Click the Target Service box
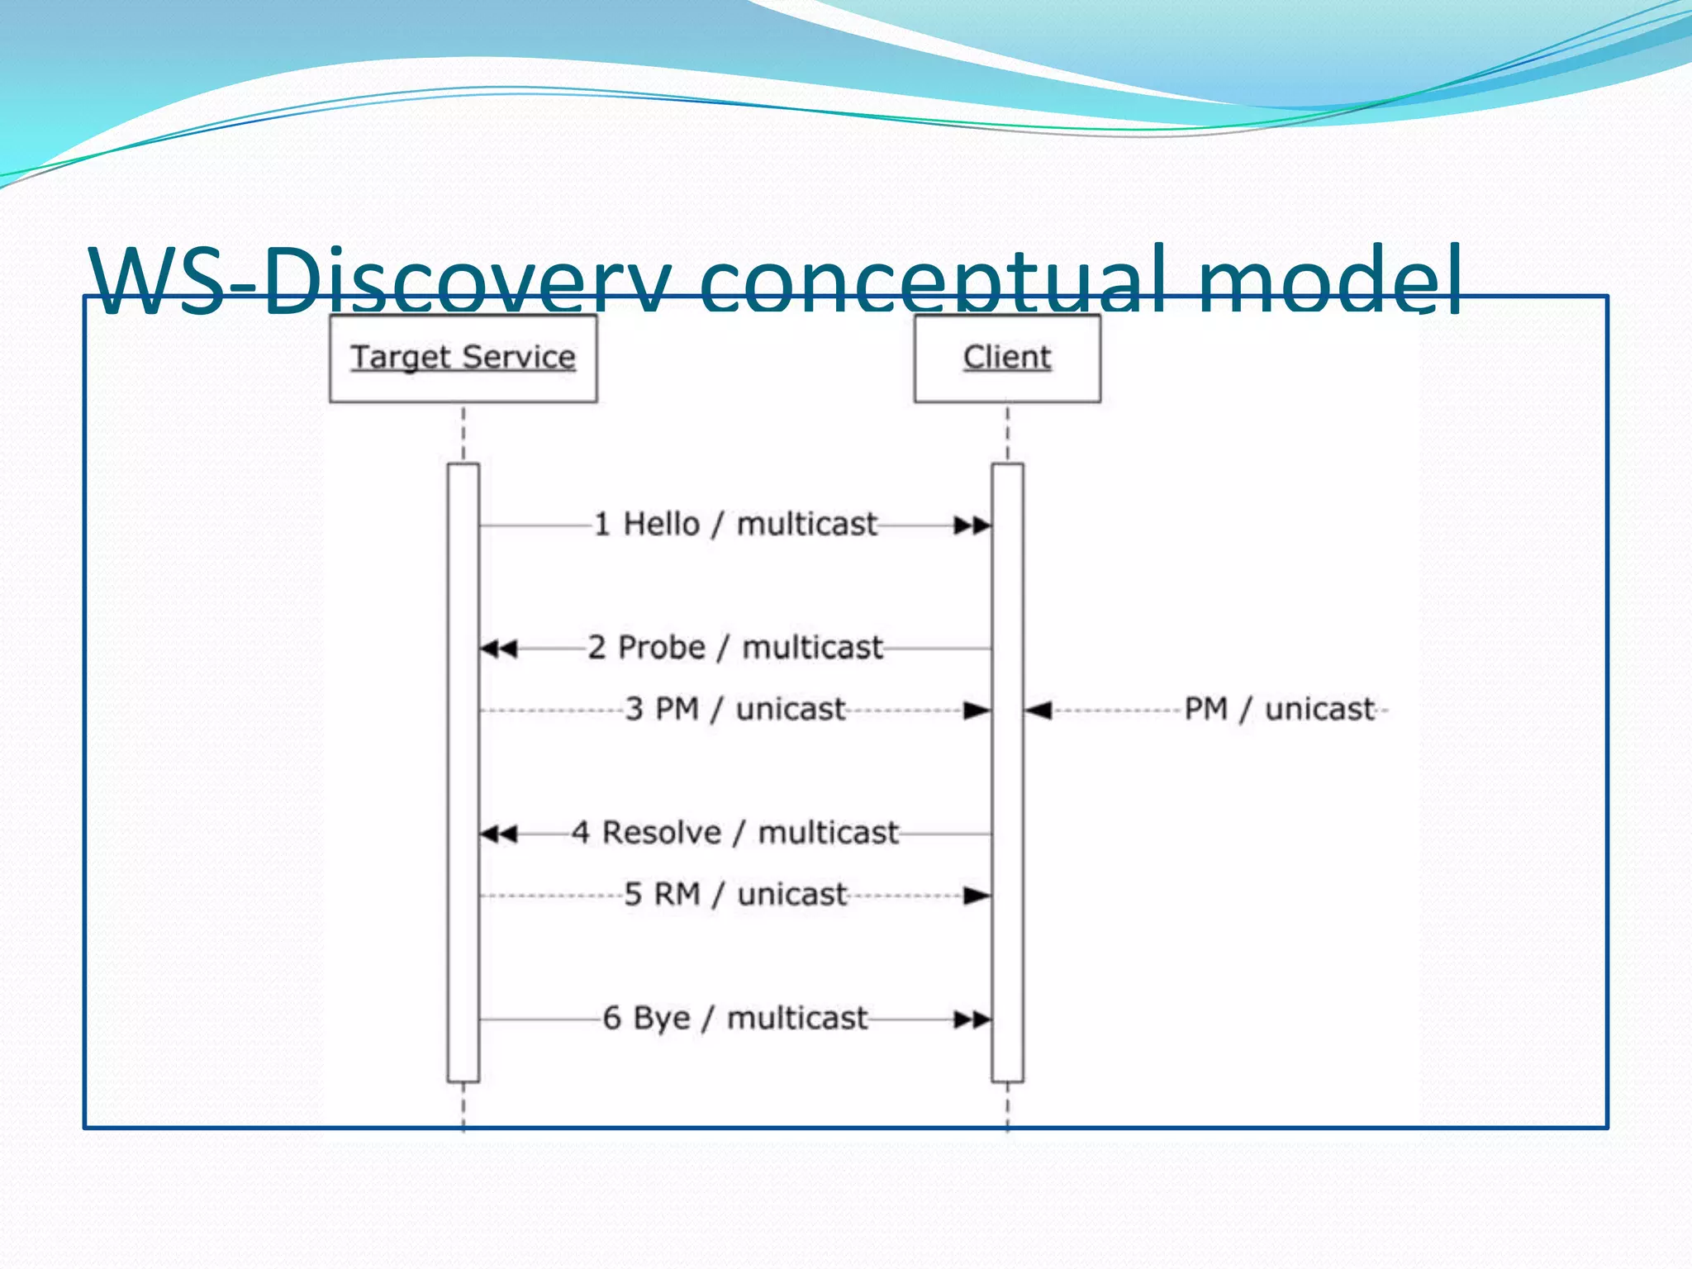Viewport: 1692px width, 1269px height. click(x=463, y=358)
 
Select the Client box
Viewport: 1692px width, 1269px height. click(x=1007, y=358)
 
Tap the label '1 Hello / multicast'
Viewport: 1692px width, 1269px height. click(x=735, y=524)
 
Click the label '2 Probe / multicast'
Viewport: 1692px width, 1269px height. click(x=735, y=647)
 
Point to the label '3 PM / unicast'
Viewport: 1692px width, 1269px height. click(x=735, y=709)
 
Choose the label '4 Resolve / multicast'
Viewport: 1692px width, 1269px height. click(x=735, y=832)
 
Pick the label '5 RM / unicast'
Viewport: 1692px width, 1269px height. click(x=735, y=894)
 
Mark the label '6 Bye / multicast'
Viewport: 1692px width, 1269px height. click(x=735, y=1018)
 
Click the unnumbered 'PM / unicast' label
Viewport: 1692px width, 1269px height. click(x=1279, y=709)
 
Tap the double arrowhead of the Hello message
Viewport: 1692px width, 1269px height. click(x=972, y=525)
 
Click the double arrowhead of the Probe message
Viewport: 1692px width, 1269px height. click(x=499, y=649)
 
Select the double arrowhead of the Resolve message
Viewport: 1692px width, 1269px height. click(x=499, y=834)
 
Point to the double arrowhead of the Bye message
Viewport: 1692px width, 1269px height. click(x=972, y=1019)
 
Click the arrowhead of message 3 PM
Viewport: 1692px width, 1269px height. click(x=977, y=711)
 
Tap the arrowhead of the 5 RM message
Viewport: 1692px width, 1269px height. click(x=977, y=896)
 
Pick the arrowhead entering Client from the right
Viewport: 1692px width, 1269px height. click(x=1038, y=711)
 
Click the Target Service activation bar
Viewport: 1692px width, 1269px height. click(x=463, y=772)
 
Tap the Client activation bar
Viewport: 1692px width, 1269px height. click(x=1007, y=772)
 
